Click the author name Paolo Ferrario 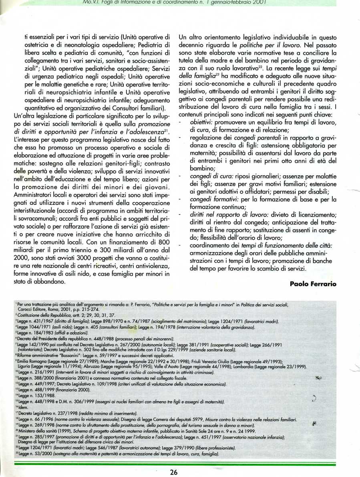(312, 283)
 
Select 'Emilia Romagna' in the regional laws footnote (33, 362)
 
